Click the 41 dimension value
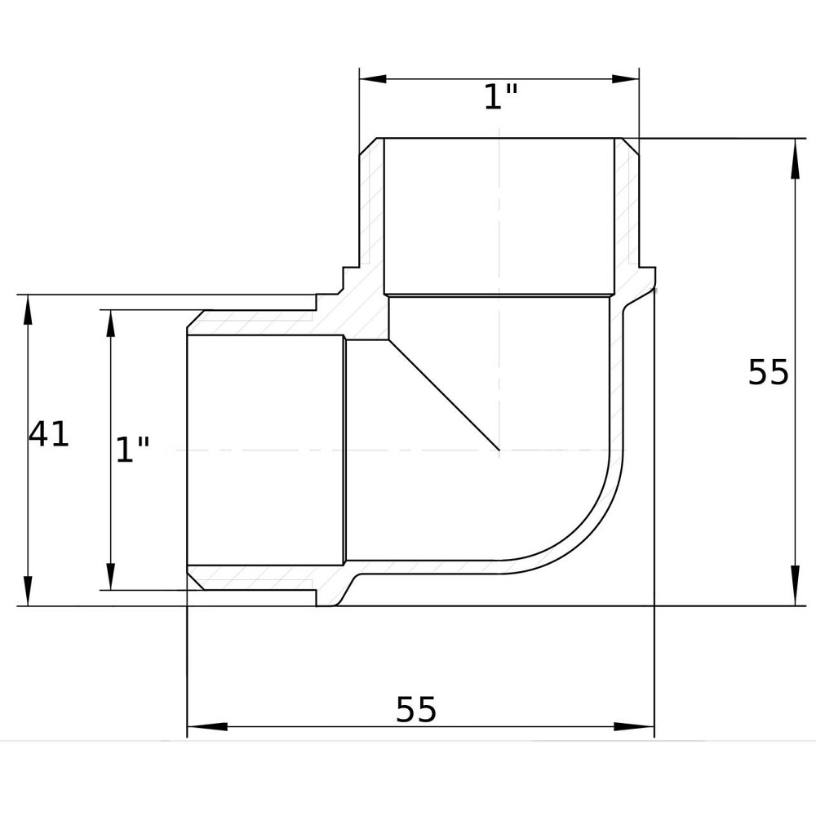pos(48,434)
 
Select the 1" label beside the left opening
pos(132,449)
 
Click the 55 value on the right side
pos(768,372)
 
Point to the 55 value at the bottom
pos(416,709)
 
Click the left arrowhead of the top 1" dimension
pos(373,79)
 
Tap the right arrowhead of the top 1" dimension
pos(625,79)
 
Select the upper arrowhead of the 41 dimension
pos(28,308)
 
